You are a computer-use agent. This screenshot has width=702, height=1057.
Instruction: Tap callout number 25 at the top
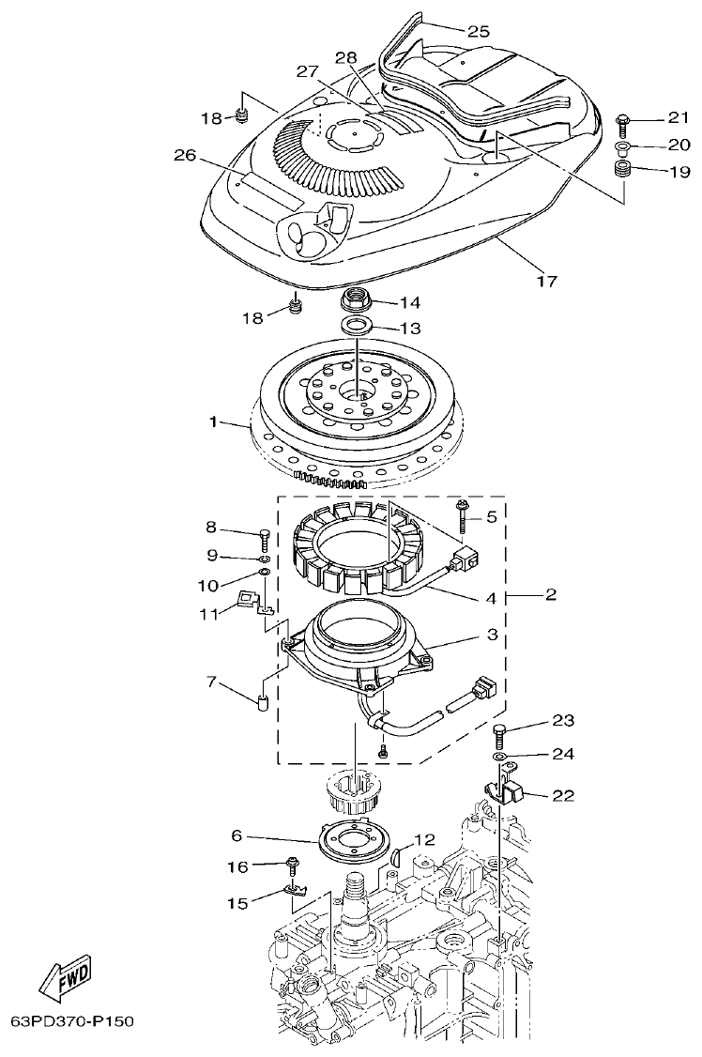pyautogui.click(x=479, y=31)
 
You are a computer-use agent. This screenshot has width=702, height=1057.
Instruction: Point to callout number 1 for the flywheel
pyautogui.click(x=215, y=423)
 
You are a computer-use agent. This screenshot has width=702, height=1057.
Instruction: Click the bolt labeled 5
pyautogui.click(x=464, y=515)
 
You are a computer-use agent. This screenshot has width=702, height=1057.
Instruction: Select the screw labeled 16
pyautogui.click(x=293, y=865)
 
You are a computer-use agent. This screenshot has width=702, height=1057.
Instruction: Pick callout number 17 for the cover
pyautogui.click(x=546, y=281)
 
